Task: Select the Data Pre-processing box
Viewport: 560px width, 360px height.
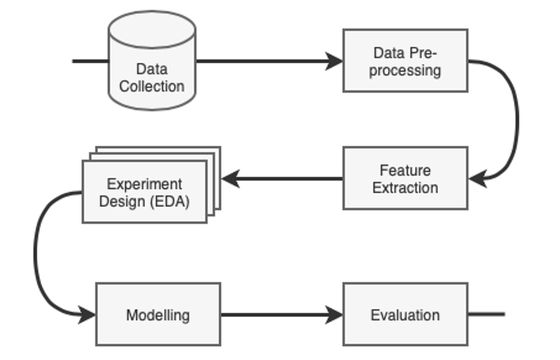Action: tap(405, 60)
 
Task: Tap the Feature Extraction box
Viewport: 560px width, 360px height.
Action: tap(405, 178)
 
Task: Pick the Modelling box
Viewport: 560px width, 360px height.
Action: tap(158, 314)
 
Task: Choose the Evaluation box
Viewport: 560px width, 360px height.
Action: tap(405, 314)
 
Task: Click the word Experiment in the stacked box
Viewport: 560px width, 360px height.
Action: tap(145, 184)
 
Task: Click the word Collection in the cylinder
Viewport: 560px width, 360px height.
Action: tap(152, 86)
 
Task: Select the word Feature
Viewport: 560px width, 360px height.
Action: tap(405, 170)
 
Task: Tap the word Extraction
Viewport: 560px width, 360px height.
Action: tap(405, 187)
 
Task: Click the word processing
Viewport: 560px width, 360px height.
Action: tap(405, 70)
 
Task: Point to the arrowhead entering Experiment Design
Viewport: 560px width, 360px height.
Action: tap(231, 179)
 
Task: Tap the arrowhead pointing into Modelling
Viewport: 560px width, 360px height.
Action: tap(87, 314)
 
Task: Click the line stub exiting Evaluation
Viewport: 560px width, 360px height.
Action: tap(487, 314)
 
